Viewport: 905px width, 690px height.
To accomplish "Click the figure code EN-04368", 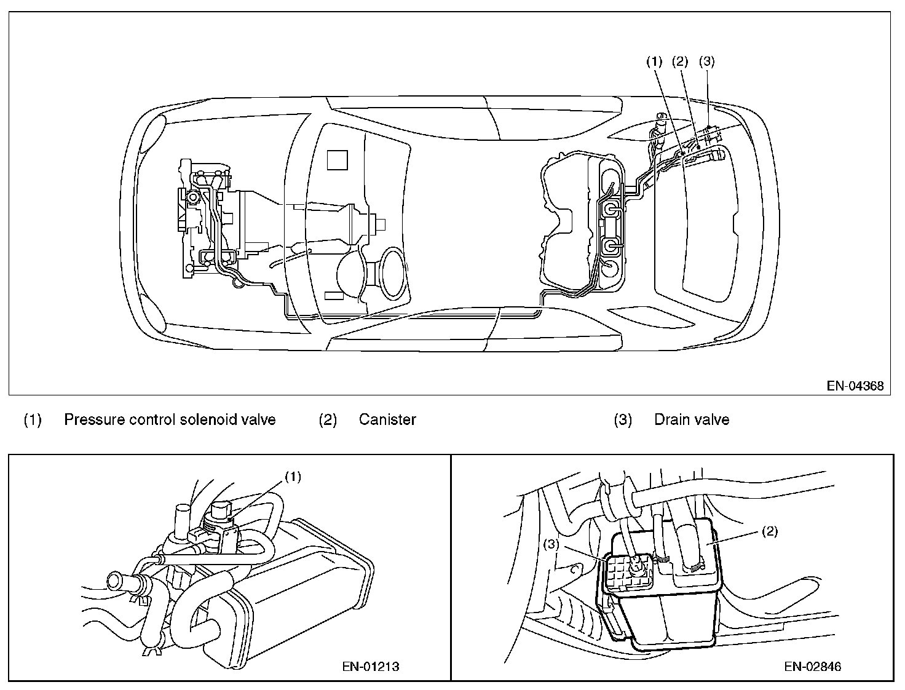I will coord(855,386).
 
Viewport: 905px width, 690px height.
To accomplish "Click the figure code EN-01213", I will coord(370,667).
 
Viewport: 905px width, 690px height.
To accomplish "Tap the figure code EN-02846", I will coord(813,667).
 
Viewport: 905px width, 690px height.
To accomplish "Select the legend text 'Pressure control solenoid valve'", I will coord(170,419).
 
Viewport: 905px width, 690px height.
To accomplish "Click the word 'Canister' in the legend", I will coord(387,419).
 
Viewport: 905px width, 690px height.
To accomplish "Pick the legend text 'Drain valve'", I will coord(691,419).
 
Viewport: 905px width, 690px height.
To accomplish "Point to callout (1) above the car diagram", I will coord(654,61).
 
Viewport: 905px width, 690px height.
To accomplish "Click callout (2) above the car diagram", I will coord(680,61).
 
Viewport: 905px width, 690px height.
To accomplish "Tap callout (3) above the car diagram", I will coord(707,61).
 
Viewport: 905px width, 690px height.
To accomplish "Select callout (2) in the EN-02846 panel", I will coord(769,533).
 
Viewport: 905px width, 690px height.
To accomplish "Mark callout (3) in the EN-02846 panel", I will coord(551,544).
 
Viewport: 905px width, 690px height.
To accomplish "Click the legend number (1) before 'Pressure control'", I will coord(32,420).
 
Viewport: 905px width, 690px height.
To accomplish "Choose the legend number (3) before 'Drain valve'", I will coord(623,420).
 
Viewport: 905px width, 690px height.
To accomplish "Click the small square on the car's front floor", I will coord(337,160).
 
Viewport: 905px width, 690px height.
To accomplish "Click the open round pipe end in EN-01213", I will coord(116,581).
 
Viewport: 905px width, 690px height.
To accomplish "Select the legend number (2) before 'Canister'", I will coord(328,420).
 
